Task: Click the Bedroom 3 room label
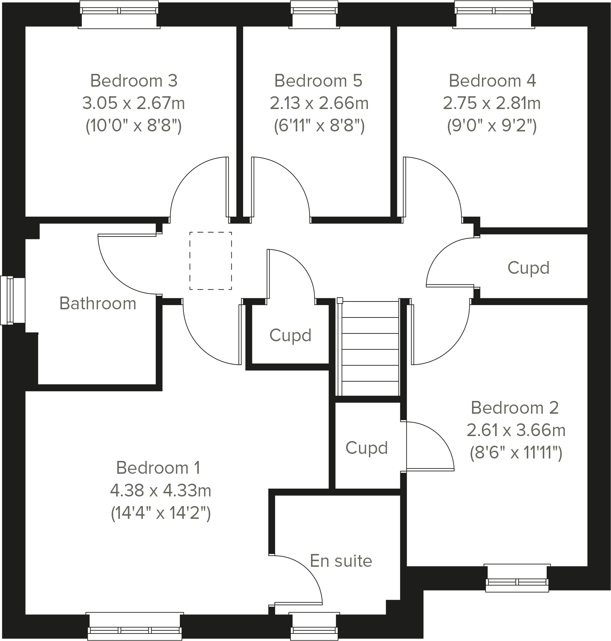point(134,81)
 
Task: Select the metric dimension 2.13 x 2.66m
point(319,103)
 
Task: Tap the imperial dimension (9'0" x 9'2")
point(492,126)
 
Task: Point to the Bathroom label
point(98,304)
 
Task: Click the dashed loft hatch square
point(210,261)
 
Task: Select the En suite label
point(341,561)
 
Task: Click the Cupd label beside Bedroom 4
point(528,268)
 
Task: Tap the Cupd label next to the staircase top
point(290,335)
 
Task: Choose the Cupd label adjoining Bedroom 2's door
point(366,448)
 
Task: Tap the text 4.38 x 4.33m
point(160,491)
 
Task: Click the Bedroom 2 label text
point(514,408)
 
